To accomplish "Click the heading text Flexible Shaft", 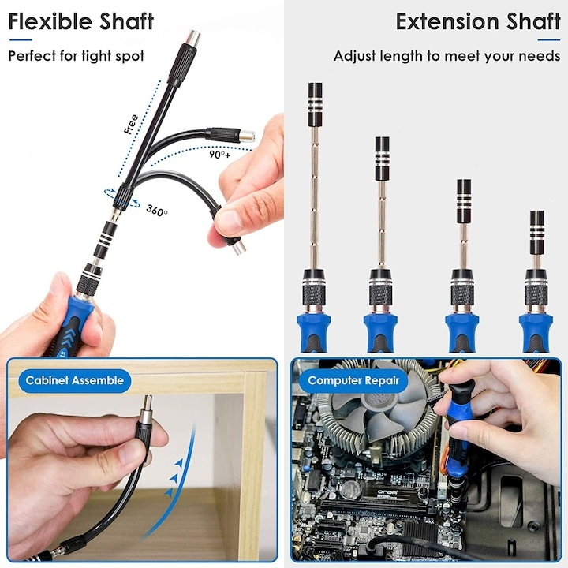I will pos(80,21).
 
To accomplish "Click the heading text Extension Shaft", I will pos(477,21).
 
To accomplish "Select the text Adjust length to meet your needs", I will pos(447,56).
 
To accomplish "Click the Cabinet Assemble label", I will pos(74,380).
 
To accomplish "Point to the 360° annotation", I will pos(157,211).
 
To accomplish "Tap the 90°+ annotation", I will pos(220,155).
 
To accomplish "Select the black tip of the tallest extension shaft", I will pos(315,104).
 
